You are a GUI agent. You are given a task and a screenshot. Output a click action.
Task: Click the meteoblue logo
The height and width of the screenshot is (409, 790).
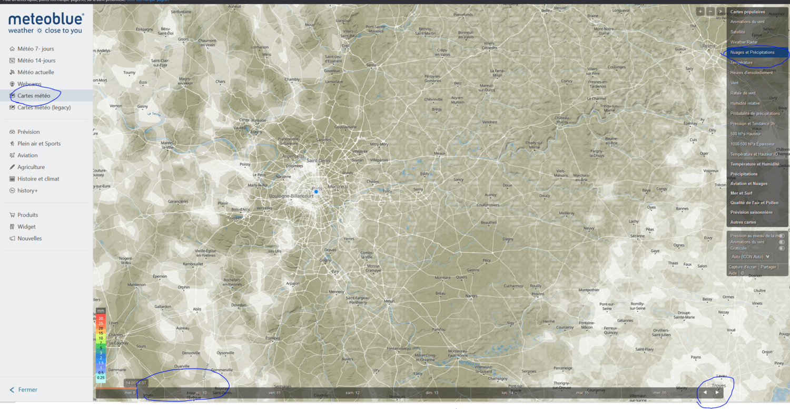click(x=46, y=23)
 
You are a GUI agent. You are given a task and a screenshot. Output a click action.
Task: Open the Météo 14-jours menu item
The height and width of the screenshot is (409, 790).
click(x=36, y=61)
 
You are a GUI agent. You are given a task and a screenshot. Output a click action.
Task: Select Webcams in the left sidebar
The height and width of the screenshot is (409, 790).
click(x=29, y=84)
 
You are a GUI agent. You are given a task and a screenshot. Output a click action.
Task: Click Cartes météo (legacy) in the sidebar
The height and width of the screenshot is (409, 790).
click(x=44, y=107)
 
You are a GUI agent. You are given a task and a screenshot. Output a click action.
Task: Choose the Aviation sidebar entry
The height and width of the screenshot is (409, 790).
click(x=27, y=155)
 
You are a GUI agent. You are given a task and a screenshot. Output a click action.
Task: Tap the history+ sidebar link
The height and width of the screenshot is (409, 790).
click(x=27, y=191)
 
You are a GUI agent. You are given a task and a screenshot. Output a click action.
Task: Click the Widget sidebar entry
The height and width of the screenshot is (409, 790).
click(x=26, y=227)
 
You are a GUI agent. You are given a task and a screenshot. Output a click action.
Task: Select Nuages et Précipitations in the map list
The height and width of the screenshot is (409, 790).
click(x=752, y=53)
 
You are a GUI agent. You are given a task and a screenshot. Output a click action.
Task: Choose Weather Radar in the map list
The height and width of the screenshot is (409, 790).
click(x=744, y=42)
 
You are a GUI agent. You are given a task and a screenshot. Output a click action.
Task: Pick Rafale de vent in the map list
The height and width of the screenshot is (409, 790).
click(x=743, y=93)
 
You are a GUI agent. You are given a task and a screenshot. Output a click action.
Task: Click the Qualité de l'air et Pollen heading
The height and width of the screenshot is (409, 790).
click(x=754, y=203)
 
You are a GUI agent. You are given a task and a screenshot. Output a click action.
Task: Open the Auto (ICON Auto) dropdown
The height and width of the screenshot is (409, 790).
click(x=750, y=257)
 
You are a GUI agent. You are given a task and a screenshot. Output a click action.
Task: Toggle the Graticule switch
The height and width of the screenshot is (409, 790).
click(x=782, y=248)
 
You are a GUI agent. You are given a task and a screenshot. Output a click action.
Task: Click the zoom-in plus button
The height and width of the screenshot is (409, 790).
click(x=700, y=12)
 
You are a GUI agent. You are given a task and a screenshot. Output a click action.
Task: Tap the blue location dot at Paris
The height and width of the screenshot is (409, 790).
click(x=316, y=192)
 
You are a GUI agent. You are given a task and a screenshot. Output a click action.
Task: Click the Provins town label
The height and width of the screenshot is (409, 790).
click(x=537, y=294)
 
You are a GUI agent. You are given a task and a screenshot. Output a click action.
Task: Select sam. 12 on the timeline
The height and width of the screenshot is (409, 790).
click(x=352, y=393)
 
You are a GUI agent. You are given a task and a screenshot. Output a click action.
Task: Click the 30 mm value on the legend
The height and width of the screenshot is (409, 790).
click(x=101, y=318)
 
